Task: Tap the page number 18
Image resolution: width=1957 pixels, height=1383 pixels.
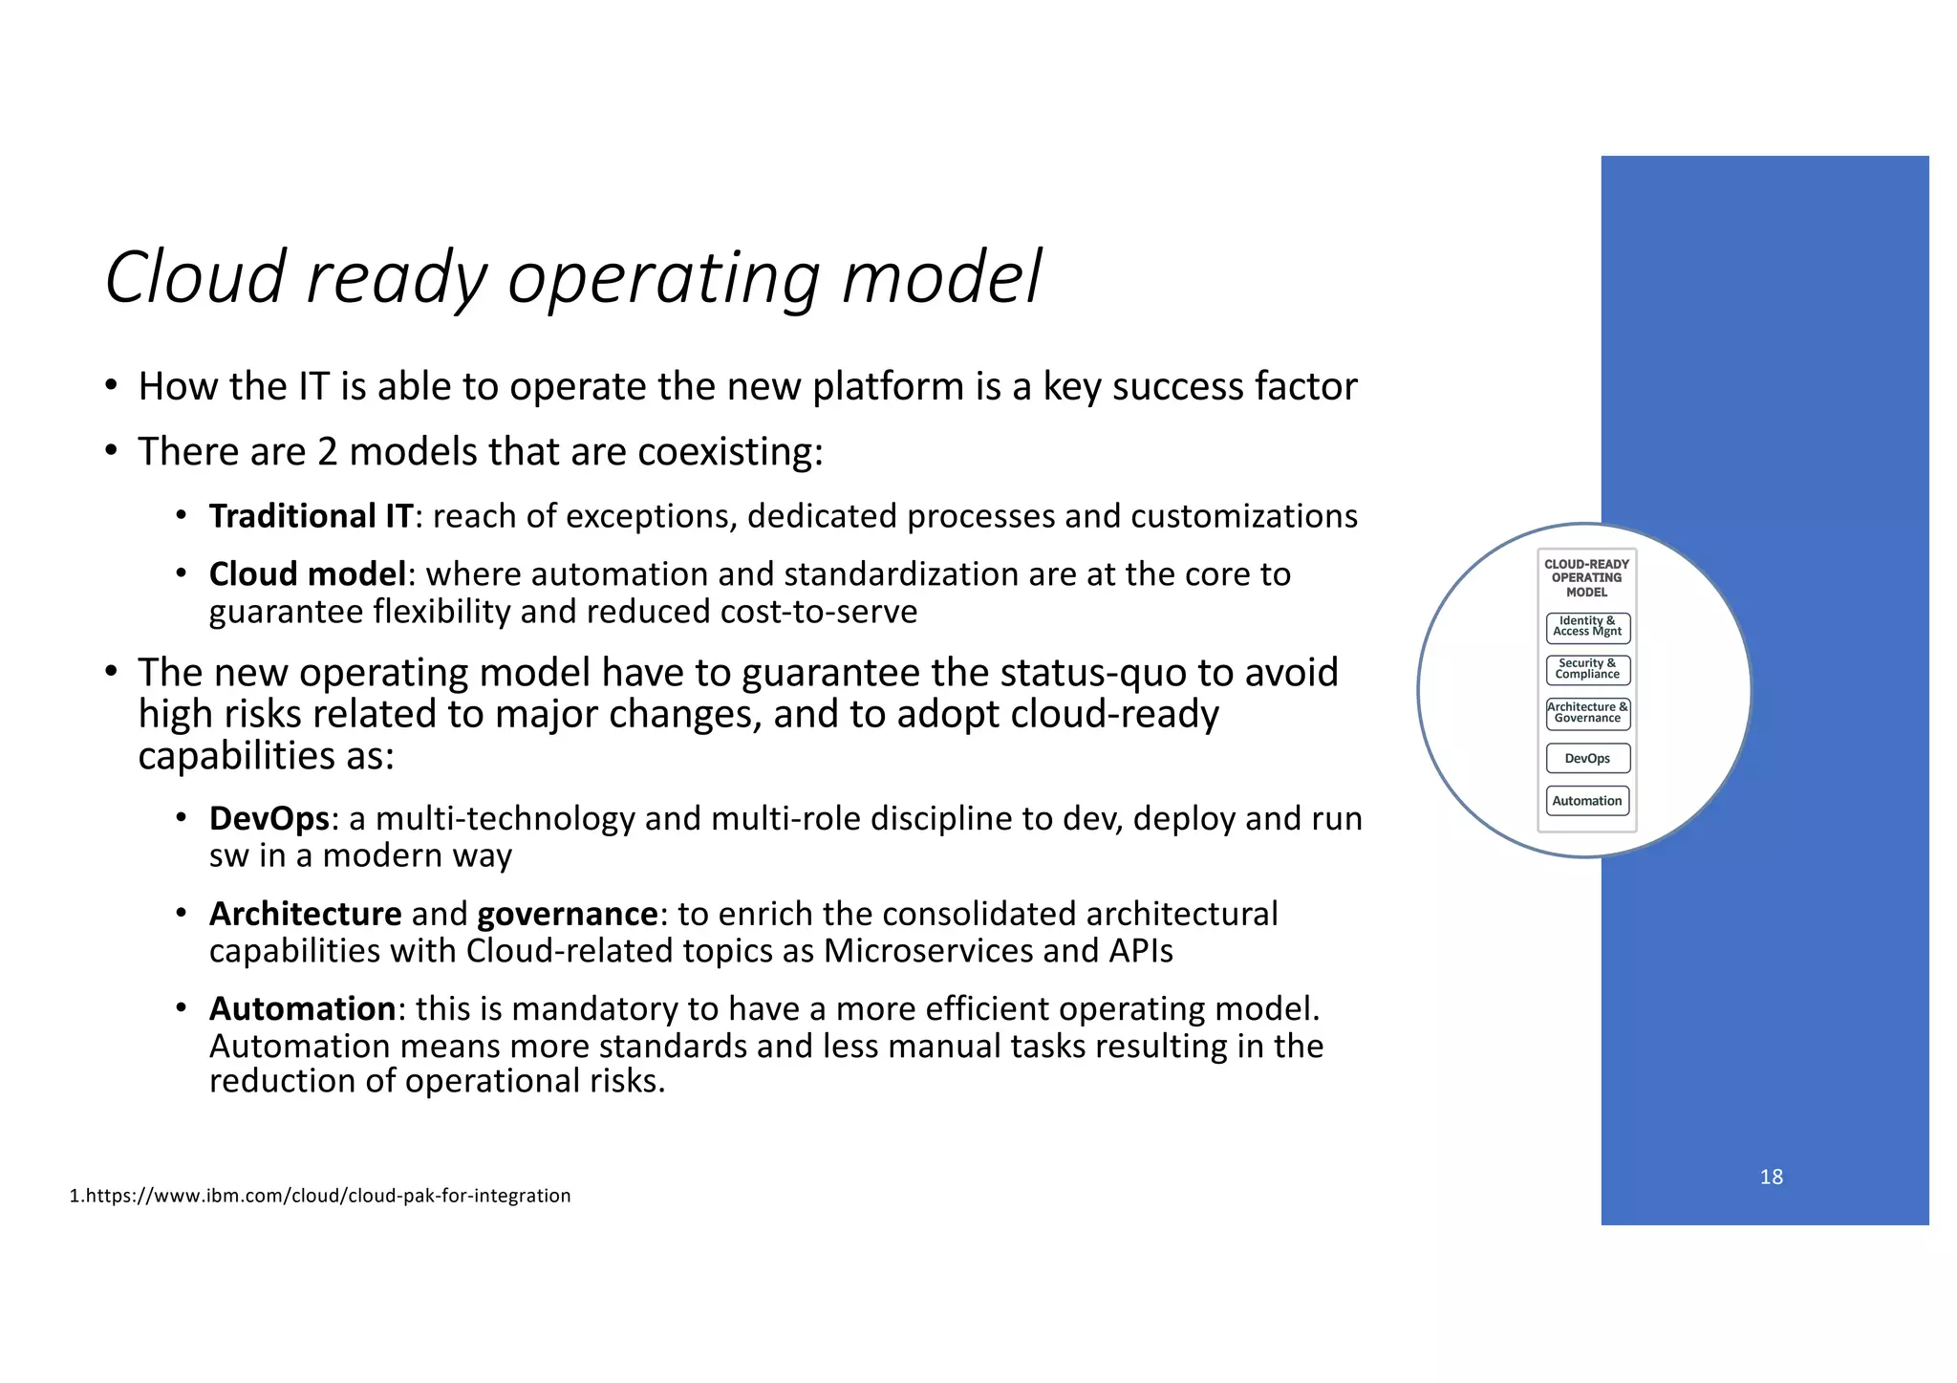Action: [x=1771, y=1177]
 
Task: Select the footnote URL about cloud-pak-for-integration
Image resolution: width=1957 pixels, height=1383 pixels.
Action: [x=320, y=1196]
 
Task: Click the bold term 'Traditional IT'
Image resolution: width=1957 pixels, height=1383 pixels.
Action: [x=311, y=516]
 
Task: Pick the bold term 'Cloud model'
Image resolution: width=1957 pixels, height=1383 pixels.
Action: [x=308, y=574]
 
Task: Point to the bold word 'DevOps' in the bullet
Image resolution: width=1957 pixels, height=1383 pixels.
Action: [x=269, y=819]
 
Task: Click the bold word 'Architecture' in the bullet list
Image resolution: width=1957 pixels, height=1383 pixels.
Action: [x=305, y=915]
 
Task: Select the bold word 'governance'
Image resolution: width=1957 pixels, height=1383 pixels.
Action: [x=567, y=915]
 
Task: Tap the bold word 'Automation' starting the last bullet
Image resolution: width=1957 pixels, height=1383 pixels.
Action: [x=302, y=1009]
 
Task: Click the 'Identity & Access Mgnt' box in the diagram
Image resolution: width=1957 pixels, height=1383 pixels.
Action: [x=1587, y=627]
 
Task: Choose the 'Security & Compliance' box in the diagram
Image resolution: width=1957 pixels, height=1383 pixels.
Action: [x=1587, y=669]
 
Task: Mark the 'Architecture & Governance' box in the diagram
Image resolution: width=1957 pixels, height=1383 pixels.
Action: [x=1587, y=713]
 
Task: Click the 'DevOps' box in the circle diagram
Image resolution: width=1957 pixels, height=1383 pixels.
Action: [x=1587, y=759]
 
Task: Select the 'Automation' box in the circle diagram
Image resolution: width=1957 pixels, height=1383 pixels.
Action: [x=1587, y=801]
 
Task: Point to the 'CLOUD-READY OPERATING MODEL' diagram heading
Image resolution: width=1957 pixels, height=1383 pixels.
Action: [x=1586, y=578]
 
